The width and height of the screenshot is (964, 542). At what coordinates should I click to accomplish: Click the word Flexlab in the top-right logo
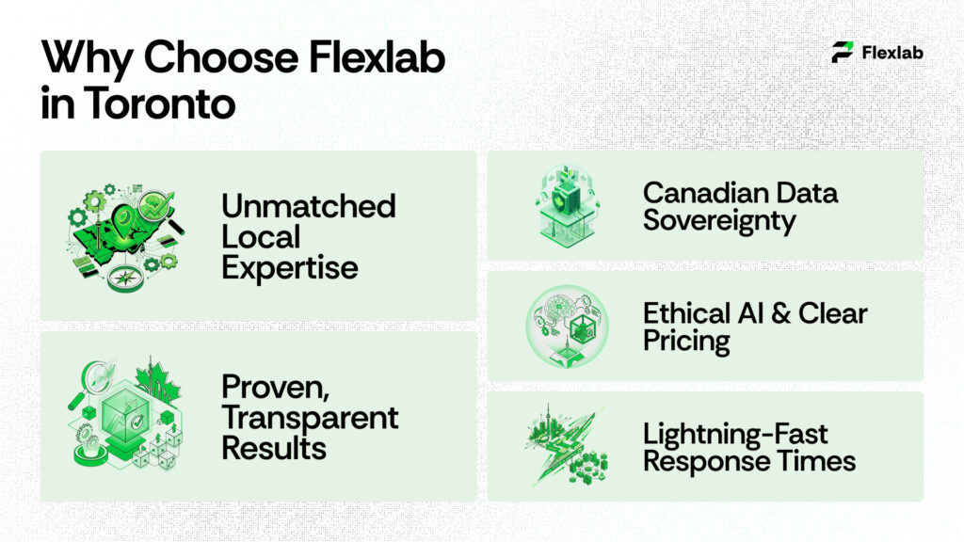(892, 53)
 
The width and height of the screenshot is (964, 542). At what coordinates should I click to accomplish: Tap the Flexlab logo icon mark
(843, 53)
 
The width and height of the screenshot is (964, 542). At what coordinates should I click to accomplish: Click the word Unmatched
(308, 206)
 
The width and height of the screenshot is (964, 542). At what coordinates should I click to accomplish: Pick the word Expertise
(290, 267)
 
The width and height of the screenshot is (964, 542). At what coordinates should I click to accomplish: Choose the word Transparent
(310, 417)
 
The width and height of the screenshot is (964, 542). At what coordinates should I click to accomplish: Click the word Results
(274, 448)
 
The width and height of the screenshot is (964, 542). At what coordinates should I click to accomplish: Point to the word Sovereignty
(719, 221)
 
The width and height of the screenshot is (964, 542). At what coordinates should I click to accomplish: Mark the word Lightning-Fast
(735, 434)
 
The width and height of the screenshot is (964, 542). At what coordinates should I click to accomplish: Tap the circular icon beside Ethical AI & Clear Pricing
(567, 326)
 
